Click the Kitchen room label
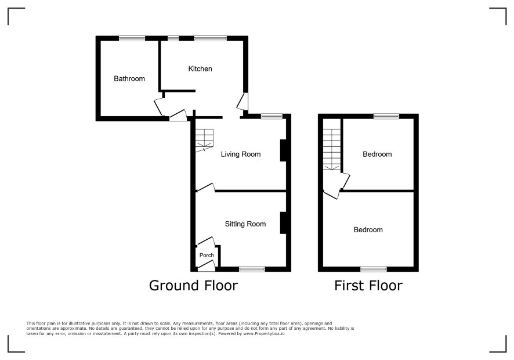coord(200,69)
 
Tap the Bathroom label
coord(129,79)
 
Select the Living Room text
coord(241,154)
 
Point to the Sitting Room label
coord(245,224)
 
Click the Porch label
coord(207,255)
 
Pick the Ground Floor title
coord(193,286)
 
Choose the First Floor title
coord(368,286)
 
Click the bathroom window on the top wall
coord(132,38)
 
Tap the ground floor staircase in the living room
coord(205,140)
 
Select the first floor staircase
coord(332,149)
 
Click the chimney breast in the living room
coord(283,150)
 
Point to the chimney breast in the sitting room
coord(283,223)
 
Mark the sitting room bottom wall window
coord(252,269)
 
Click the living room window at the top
coord(272,116)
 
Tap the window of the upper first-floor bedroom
coord(386,116)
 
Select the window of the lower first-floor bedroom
coord(374,269)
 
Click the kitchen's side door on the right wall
coord(242,102)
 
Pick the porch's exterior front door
coord(207,266)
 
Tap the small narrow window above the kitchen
coord(173,38)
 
